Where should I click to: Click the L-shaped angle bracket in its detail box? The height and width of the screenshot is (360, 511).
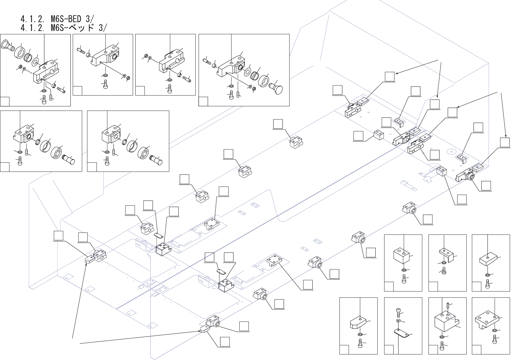[x=446, y=255]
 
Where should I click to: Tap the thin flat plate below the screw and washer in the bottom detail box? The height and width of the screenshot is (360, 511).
[x=401, y=333]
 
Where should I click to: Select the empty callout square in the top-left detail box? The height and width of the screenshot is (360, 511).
[x=5, y=101]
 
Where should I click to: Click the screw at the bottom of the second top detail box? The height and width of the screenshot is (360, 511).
[x=105, y=84]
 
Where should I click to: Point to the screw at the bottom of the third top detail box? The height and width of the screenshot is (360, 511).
[x=170, y=88]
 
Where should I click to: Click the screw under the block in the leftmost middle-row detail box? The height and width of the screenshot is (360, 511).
[x=20, y=161]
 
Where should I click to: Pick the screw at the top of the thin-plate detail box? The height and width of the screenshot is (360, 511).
[x=398, y=312]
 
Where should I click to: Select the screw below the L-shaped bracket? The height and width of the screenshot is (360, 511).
[x=444, y=271]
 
